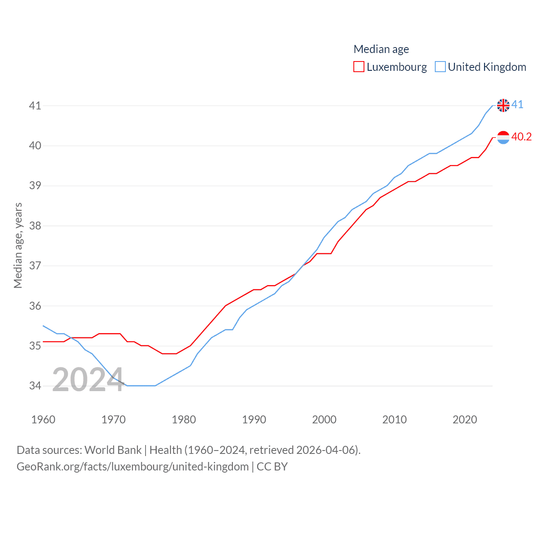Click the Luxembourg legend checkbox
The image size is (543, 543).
pyautogui.click(x=359, y=67)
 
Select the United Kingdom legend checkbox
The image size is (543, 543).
pyautogui.click(x=440, y=67)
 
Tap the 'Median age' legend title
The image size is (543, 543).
pyautogui.click(x=381, y=49)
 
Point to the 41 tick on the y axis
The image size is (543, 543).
pyautogui.click(x=35, y=106)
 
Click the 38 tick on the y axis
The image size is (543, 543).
pyautogui.click(x=35, y=226)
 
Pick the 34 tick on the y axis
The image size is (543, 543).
pyautogui.click(x=35, y=386)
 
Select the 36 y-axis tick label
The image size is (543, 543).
pyautogui.click(x=35, y=306)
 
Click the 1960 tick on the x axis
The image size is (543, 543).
pyautogui.click(x=43, y=420)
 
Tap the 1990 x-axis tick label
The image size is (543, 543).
pyautogui.click(x=254, y=420)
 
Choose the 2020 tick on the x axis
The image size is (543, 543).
pyautogui.click(x=465, y=420)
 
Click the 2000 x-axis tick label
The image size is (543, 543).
pyautogui.click(x=324, y=420)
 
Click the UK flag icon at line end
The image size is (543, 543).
pyautogui.click(x=503, y=105)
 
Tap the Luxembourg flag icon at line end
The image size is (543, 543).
pyautogui.click(x=503, y=137)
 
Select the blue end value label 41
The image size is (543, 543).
pyautogui.click(x=518, y=104)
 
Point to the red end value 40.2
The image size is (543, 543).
pyautogui.click(x=521, y=137)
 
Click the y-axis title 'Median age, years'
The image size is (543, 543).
pyautogui.click(x=18, y=246)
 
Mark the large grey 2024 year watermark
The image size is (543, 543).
pyautogui.click(x=87, y=380)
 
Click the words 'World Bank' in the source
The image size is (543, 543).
pyautogui.click(x=113, y=450)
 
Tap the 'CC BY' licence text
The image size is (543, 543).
pyautogui.click(x=272, y=467)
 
